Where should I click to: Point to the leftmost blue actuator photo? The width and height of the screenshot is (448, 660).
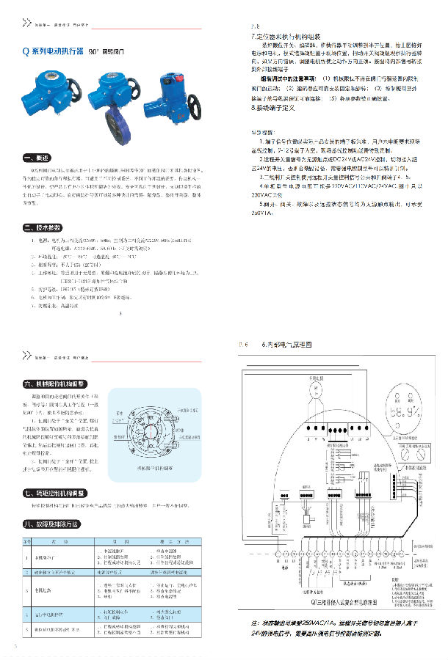coord(51,91)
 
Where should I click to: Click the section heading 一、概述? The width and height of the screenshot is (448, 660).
coord(36,158)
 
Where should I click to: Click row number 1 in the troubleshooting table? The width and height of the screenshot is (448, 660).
coord(27,556)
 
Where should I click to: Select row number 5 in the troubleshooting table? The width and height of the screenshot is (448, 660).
coord(27,629)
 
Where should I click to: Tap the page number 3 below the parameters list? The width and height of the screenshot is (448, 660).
coord(120,316)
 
